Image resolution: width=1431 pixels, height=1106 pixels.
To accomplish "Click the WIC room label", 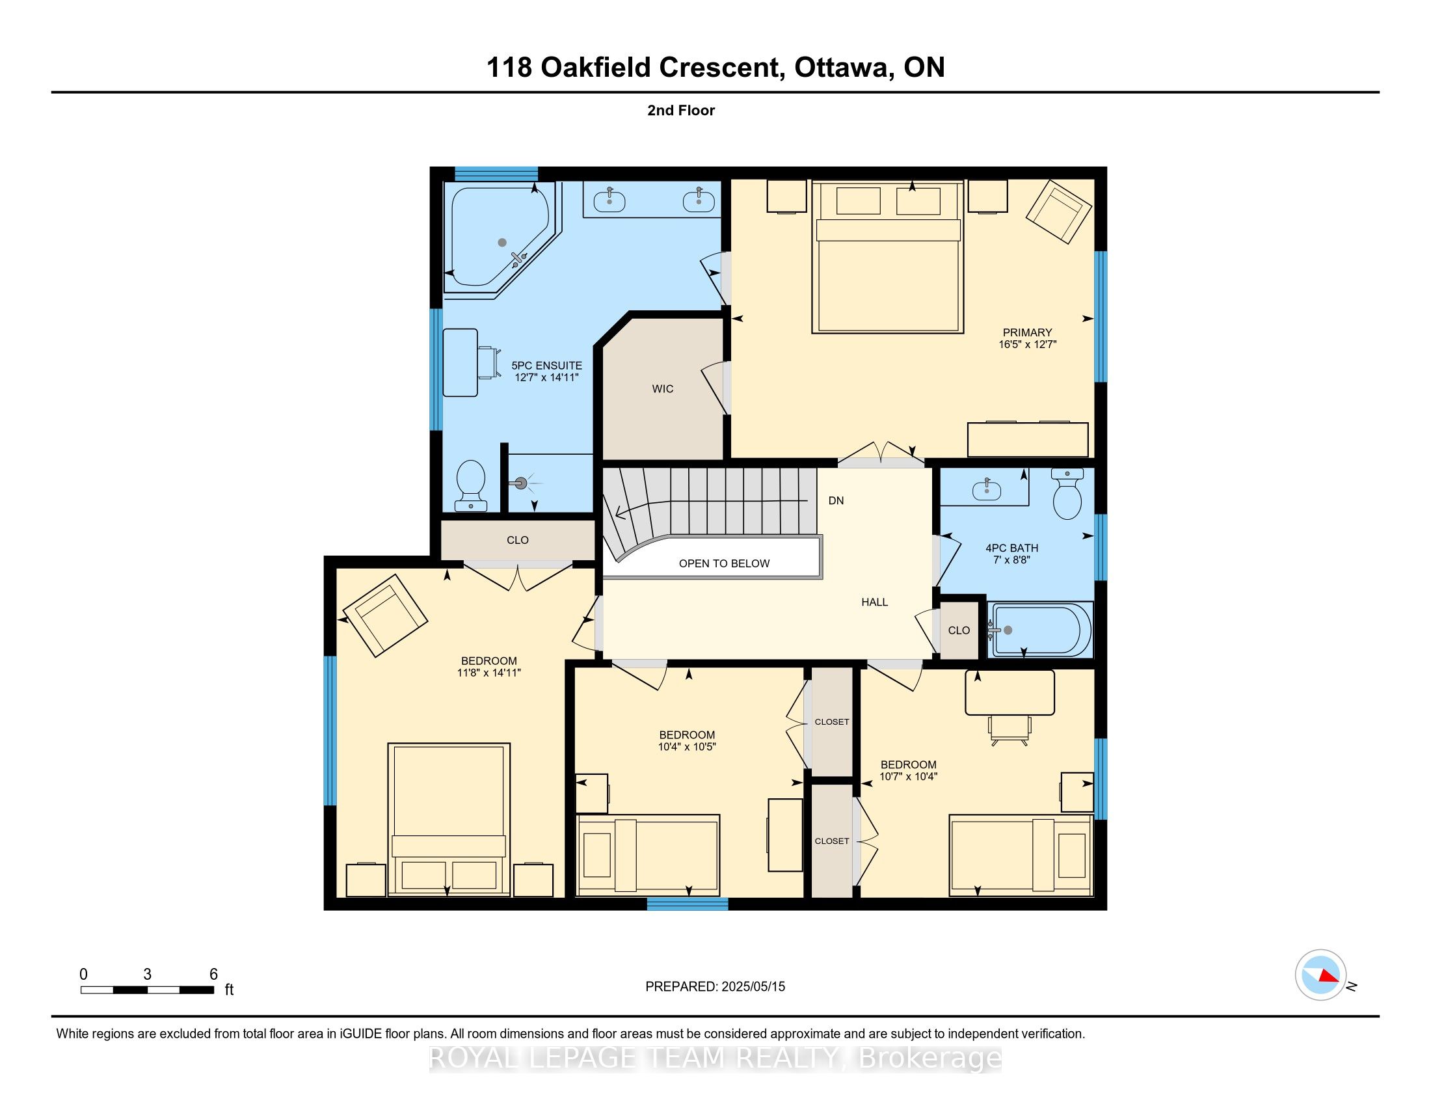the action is [x=662, y=388].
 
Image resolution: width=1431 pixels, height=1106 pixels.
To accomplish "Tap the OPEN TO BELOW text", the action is [x=724, y=563].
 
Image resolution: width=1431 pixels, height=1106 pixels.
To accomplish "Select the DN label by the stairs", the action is [x=836, y=500].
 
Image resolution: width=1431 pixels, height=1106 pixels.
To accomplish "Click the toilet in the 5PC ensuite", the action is [x=470, y=485].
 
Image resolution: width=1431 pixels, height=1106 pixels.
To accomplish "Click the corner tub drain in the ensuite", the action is [x=502, y=243].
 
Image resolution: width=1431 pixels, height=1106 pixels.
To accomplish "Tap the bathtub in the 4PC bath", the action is [x=1041, y=630].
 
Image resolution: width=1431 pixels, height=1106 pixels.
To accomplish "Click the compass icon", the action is [x=1321, y=975].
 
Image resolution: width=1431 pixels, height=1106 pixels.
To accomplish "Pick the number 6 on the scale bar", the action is [x=213, y=975].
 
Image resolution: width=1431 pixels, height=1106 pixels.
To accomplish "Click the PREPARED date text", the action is [x=715, y=987].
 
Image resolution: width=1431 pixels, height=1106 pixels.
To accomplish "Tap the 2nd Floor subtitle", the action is [x=681, y=111].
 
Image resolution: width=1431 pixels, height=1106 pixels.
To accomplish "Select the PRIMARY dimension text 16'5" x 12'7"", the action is [x=1027, y=345].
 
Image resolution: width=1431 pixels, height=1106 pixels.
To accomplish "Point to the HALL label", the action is [x=875, y=602].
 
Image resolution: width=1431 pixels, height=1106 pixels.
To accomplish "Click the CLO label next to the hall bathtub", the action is [x=959, y=630].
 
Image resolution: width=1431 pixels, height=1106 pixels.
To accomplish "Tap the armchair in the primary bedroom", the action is [x=1059, y=211].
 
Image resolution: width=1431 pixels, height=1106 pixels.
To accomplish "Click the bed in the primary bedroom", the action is [x=887, y=257].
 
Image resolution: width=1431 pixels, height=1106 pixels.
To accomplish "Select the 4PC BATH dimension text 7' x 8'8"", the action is [x=1011, y=560].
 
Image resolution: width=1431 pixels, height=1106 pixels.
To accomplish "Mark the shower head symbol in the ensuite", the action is [x=522, y=484].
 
